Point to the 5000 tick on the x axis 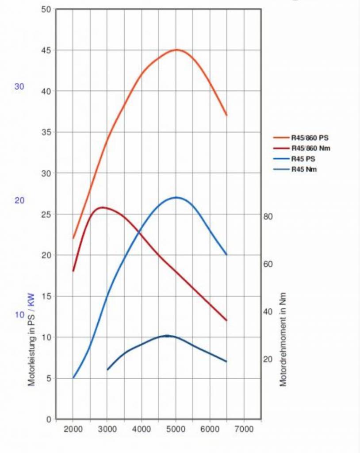[176, 429]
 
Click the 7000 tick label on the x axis [244, 429]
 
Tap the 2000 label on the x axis [73, 429]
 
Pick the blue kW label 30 [19, 87]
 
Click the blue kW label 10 [19, 315]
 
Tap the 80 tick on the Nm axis [268, 216]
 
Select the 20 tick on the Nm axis [268, 359]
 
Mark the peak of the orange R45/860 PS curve [176, 50]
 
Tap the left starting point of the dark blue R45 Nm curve [107, 369]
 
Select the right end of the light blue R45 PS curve [226, 255]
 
